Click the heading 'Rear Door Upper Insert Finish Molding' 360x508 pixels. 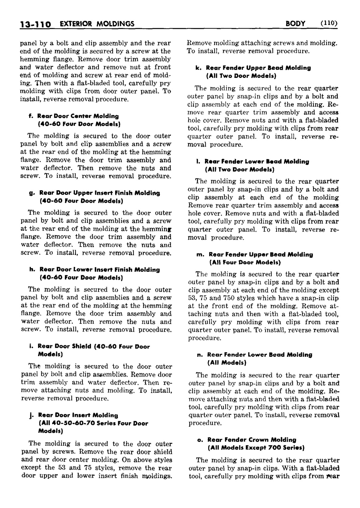[x=99, y=193]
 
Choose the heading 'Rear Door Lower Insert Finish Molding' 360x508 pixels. [x=99, y=270]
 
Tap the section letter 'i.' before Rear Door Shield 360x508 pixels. [x=31, y=347]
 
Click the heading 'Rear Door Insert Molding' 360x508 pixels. [x=78, y=415]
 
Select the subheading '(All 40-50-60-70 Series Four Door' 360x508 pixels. [x=93, y=423]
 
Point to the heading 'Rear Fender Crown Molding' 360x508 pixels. [x=252, y=440]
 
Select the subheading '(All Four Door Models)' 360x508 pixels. [x=245, y=263]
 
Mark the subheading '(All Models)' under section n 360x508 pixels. [x=227, y=363]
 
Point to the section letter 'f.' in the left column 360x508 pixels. [x=31, y=116]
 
